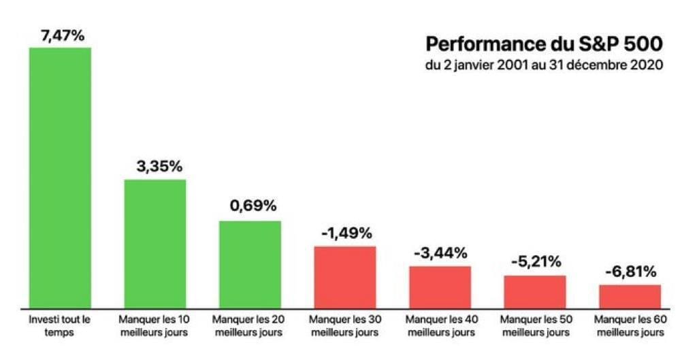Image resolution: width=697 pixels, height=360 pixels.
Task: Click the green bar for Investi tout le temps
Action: click(60, 177)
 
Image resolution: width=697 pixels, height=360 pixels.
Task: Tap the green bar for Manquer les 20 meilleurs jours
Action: click(250, 263)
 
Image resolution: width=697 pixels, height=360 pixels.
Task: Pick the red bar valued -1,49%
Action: click(345, 276)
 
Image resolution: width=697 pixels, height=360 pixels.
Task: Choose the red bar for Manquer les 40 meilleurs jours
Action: click(440, 287)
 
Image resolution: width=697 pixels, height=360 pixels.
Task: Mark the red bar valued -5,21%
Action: click(535, 291)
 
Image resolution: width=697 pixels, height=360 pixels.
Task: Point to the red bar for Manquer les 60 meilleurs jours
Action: click(630, 295)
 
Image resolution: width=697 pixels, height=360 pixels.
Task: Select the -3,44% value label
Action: click(440, 253)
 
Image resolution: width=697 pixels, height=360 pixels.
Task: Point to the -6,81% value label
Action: click(630, 272)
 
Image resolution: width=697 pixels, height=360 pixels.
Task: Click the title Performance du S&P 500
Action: click(544, 44)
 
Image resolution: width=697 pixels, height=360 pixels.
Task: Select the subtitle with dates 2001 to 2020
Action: click(544, 66)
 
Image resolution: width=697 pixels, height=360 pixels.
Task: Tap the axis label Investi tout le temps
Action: click(60, 325)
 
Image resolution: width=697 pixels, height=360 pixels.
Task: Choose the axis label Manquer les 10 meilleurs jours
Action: click(155, 325)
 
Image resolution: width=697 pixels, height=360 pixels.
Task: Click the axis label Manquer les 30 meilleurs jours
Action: click(345, 325)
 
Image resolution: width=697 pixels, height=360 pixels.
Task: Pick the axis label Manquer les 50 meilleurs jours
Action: click(535, 325)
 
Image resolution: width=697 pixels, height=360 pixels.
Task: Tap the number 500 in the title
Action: click(643, 44)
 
